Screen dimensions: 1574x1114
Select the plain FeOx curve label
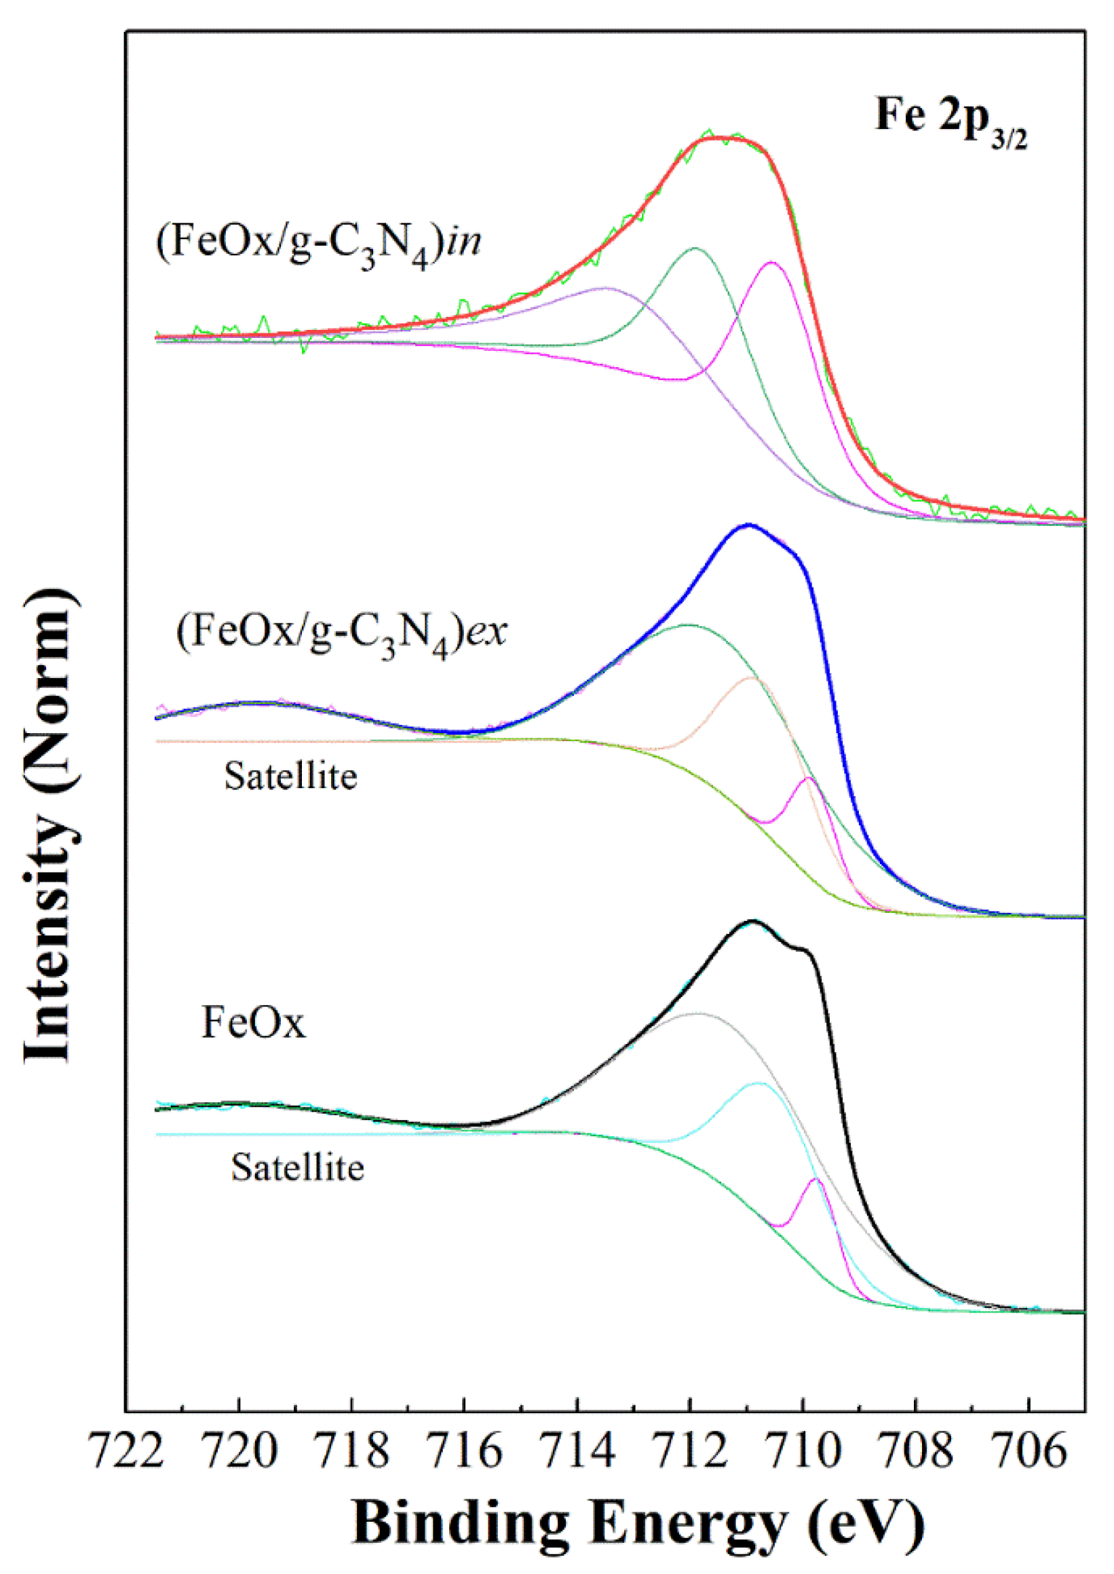pos(253,1024)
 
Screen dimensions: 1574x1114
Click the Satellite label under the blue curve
pos(291,777)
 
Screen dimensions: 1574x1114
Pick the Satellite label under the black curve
pos(297,1167)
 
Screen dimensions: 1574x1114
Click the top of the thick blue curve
pos(748,525)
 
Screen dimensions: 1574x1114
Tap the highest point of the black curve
pos(753,921)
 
